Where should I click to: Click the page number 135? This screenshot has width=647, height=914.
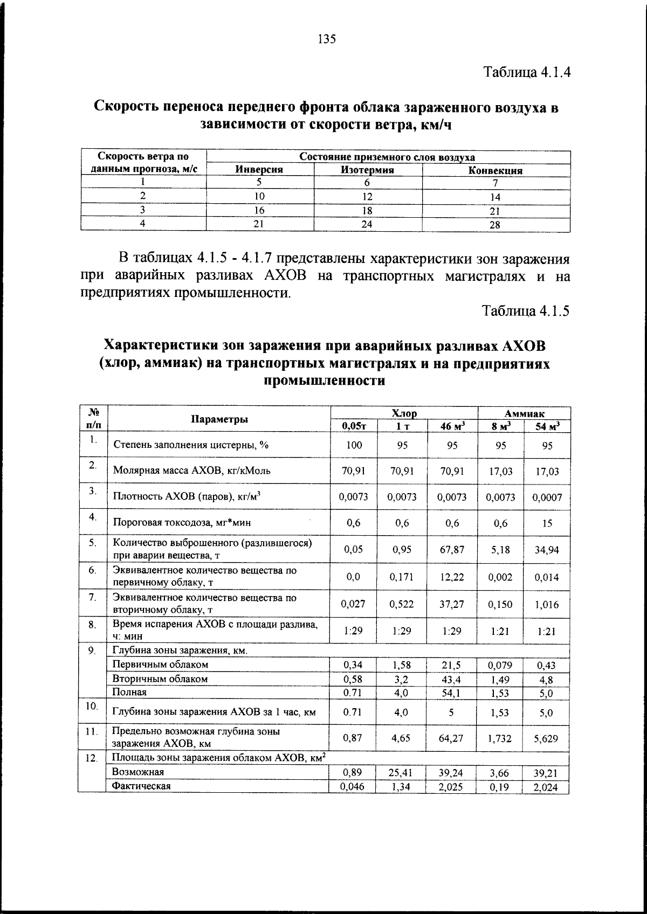[x=327, y=39]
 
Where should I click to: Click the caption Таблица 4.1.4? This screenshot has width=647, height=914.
[x=526, y=72]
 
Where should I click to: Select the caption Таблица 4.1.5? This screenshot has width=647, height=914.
[x=526, y=311]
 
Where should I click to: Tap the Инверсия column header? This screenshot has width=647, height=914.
[x=259, y=170]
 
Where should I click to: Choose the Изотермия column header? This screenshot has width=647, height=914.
[x=367, y=170]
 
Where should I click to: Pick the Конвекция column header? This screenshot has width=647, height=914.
[x=495, y=171]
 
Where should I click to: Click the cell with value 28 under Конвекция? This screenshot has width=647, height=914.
[x=494, y=225]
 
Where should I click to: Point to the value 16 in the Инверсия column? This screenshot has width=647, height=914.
[x=259, y=211]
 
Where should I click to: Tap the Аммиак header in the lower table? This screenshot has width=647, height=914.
[x=524, y=413]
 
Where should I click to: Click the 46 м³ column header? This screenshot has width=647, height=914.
[x=452, y=426]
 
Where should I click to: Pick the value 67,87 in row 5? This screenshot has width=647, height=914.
[x=452, y=550]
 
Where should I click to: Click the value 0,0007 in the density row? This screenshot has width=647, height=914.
[x=547, y=497]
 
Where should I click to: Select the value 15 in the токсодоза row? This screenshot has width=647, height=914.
[x=547, y=523]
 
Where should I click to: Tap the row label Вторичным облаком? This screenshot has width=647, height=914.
[x=160, y=679]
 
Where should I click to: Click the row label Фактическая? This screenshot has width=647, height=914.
[x=141, y=786]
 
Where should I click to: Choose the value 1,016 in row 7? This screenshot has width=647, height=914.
[x=547, y=605]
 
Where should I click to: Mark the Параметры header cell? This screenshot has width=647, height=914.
[x=219, y=419]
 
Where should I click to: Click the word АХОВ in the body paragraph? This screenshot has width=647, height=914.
[x=285, y=276]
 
